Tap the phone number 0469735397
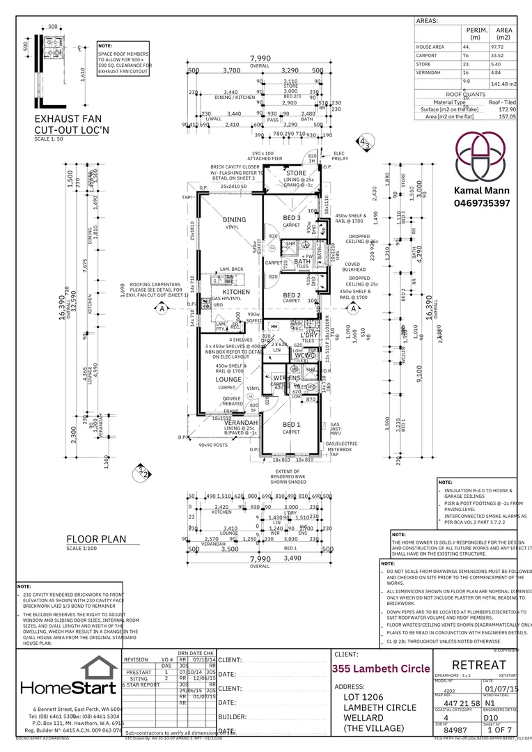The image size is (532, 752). point(483,203)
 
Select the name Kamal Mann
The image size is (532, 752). point(482,190)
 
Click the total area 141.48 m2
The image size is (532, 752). point(503,84)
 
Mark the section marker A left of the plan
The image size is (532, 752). point(162,307)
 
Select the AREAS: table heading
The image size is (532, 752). point(427,21)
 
